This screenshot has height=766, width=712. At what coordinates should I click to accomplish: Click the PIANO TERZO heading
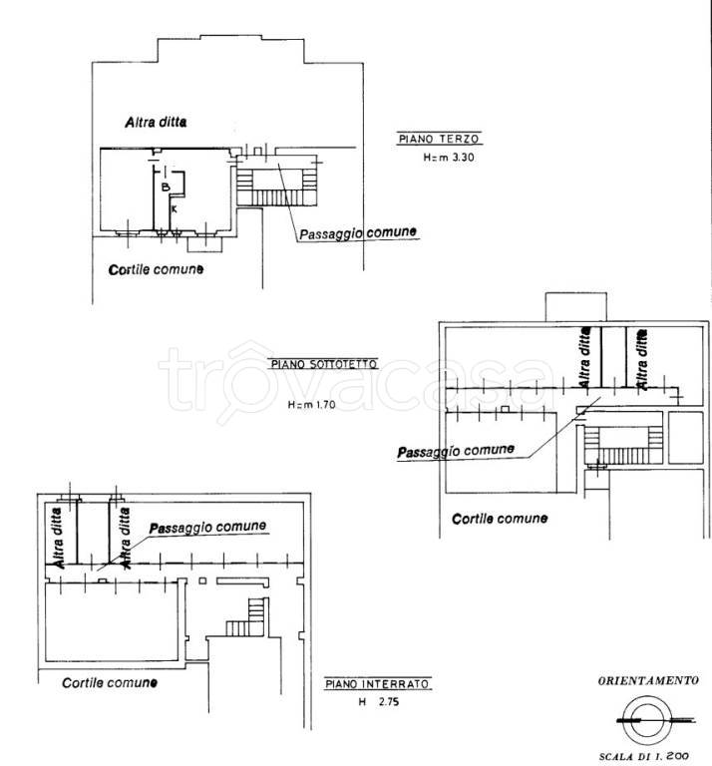click(x=439, y=140)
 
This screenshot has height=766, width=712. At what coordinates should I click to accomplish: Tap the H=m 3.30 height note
click(x=449, y=158)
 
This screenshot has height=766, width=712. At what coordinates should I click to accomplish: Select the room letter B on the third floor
click(x=166, y=187)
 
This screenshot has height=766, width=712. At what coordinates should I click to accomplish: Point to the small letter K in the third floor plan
click(x=174, y=209)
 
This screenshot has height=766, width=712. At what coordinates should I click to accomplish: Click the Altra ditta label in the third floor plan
click(x=156, y=122)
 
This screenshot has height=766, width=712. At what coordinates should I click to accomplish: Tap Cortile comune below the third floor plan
click(x=156, y=269)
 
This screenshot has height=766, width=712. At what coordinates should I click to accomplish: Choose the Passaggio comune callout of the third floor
click(x=358, y=233)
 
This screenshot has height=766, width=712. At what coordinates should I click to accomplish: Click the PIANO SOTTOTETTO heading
click(x=324, y=364)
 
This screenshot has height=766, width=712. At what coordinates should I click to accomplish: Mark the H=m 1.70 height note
click(x=311, y=405)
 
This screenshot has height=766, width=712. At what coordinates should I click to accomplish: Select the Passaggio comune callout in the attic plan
click(x=456, y=452)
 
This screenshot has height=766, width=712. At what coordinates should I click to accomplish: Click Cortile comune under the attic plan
click(x=500, y=519)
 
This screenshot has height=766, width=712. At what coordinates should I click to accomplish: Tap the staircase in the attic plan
click(x=623, y=445)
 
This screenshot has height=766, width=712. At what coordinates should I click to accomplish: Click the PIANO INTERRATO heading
click(x=377, y=684)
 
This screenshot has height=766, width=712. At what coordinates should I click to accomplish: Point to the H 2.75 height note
click(x=379, y=702)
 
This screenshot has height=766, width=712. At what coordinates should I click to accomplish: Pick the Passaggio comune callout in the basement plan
click(x=207, y=528)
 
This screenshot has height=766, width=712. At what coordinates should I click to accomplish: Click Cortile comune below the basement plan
click(x=110, y=683)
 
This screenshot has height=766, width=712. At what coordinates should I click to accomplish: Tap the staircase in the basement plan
click(x=247, y=617)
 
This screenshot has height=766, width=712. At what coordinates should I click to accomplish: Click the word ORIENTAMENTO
click(x=648, y=680)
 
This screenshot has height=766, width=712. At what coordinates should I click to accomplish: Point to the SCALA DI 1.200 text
click(x=643, y=756)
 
